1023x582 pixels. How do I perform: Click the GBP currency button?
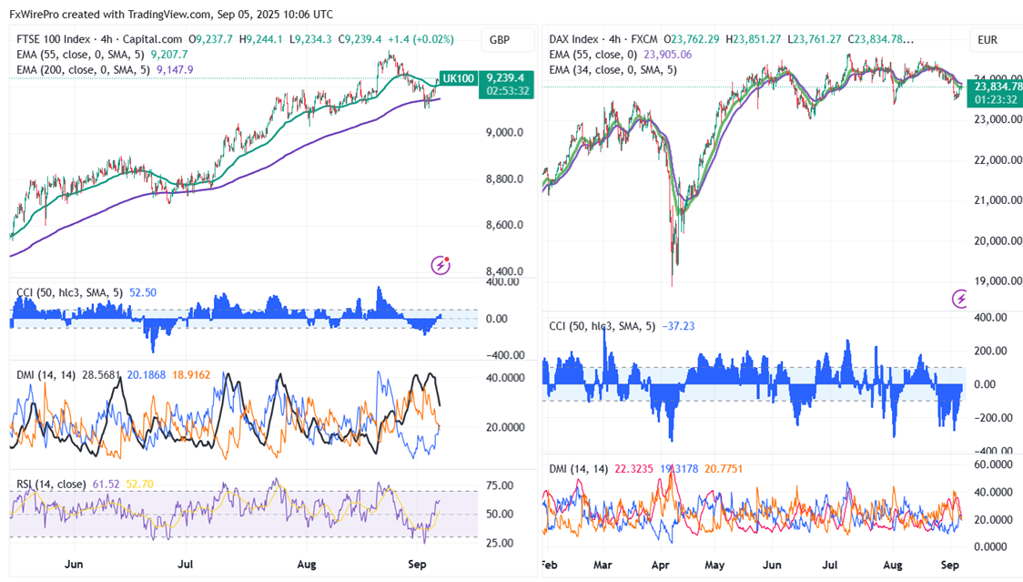tap(500, 40)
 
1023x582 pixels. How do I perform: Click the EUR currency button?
tap(988, 40)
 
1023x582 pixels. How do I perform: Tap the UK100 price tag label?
tap(458, 78)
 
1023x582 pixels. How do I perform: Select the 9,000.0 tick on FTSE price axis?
tap(504, 132)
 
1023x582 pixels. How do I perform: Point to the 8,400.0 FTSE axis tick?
tap(504, 271)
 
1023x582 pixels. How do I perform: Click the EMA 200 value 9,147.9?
tap(175, 68)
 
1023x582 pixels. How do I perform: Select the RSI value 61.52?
tap(102, 485)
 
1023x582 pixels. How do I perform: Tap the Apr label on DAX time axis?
tap(661, 565)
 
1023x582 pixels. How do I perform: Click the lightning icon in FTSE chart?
tap(441, 265)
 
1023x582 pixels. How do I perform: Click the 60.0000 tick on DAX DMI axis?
tap(988, 465)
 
